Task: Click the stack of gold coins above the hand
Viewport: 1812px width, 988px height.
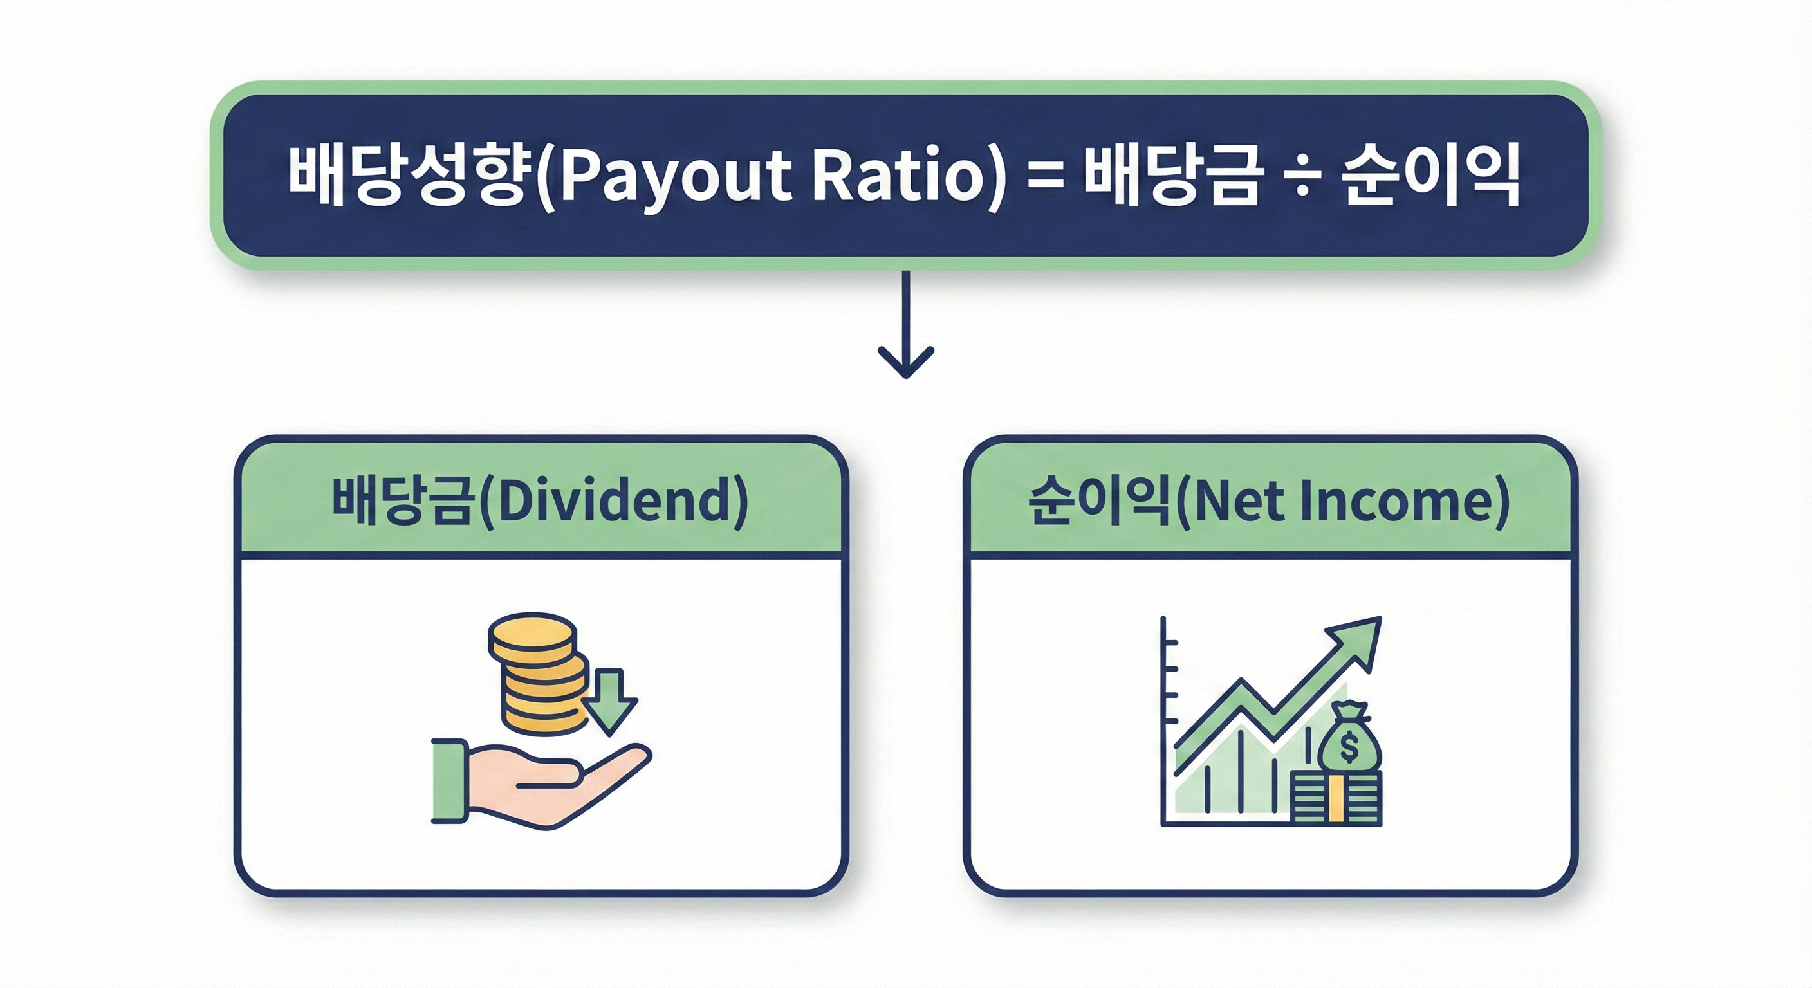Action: click(538, 675)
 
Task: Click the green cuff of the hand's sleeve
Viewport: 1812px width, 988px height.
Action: click(448, 780)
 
